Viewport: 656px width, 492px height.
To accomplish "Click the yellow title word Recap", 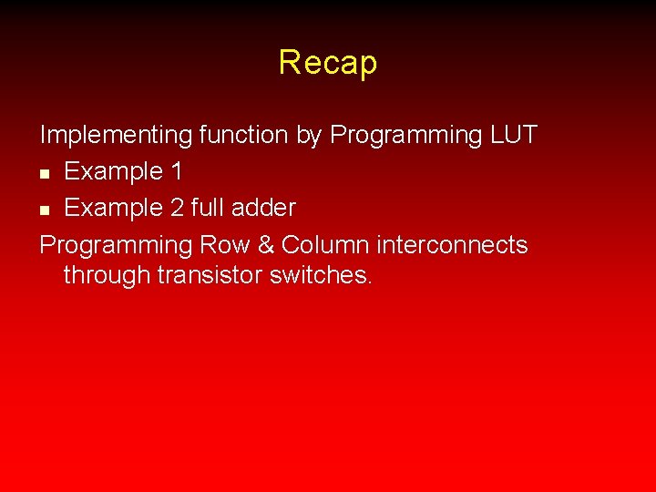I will [x=328, y=63].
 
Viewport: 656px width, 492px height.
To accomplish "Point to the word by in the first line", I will [x=309, y=136].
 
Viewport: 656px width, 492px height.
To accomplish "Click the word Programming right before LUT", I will [x=406, y=136].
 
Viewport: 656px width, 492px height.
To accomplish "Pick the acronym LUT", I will [x=513, y=135].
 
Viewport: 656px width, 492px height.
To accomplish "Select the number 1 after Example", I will [x=176, y=171].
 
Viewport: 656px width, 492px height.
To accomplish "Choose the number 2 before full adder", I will [x=178, y=208].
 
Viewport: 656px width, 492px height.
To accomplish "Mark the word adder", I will [x=264, y=208].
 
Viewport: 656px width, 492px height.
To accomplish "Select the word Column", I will [x=325, y=245].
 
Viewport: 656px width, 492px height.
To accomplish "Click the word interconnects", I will [x=452, y=245].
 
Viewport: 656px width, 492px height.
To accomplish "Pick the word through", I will [x=107, y=276].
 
